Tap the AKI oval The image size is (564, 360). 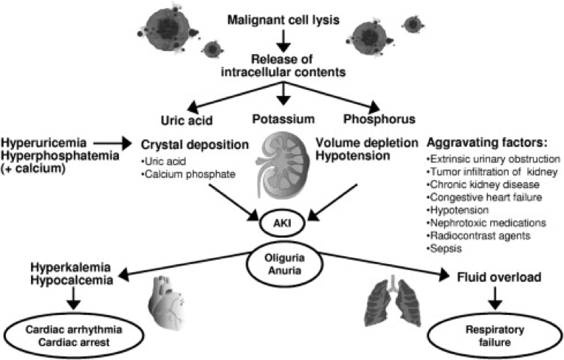click(x=283, y=219)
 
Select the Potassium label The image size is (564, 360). click(x=283, y=118)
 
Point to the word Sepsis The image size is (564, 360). click(x=442, y=250)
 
